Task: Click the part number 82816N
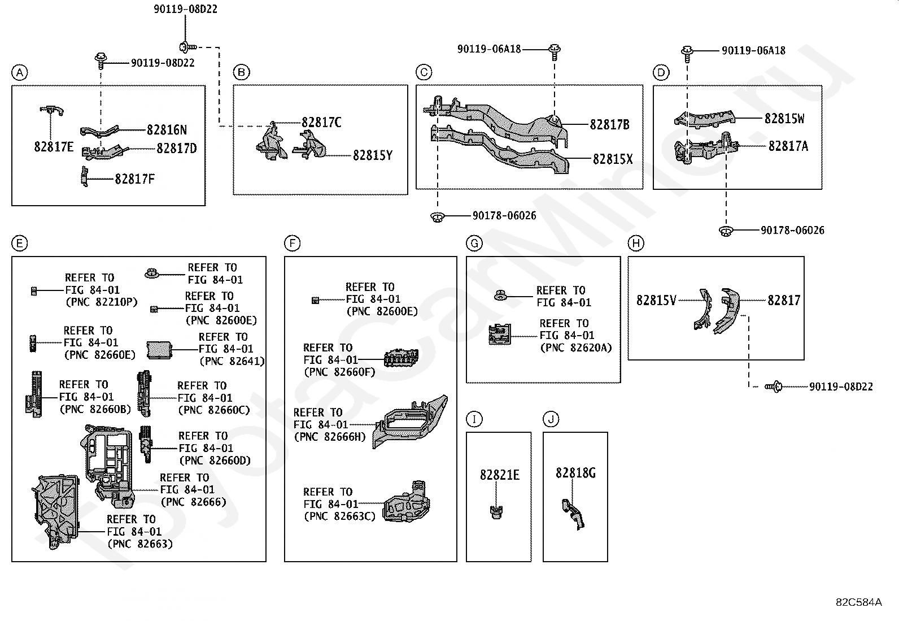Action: pyautogui.click(x=167, y=130)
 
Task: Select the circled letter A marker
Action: pyautogui.click(x=19, y=72)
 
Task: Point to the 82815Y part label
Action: pyautogui.click(x=373, y=155)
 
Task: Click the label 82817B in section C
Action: pyautogui.click(x=609, y=125)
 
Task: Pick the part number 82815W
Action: pyautogui.click(x=784, y=119)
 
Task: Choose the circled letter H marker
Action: pyautogui.click(x=636, y=244)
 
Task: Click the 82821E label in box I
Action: pyautogui.click(x=499, y=475)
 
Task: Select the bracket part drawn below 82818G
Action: pyautogui.click(x=573, y=513)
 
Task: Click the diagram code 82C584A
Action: pyautogui.click(x=858, y=602)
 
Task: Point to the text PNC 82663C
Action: pyautogui.click(x=339, y=516)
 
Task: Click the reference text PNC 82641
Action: pyautogui.click(x=232, y=362)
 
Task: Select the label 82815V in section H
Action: pyautogui.click(x=656, y=301)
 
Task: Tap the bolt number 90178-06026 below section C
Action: pyautogui.click(x=504, y=216)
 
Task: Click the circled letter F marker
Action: pyautogui.click(x=292, y=244)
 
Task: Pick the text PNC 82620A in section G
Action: pyautogui.click(x=576, y=348)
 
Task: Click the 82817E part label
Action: pyautogui.click(x=54, y=147)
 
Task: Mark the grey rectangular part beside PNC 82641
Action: pyautogui.click(x=162, y=350)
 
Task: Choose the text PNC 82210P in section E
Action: pyautogui.click(x=102, y=302)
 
